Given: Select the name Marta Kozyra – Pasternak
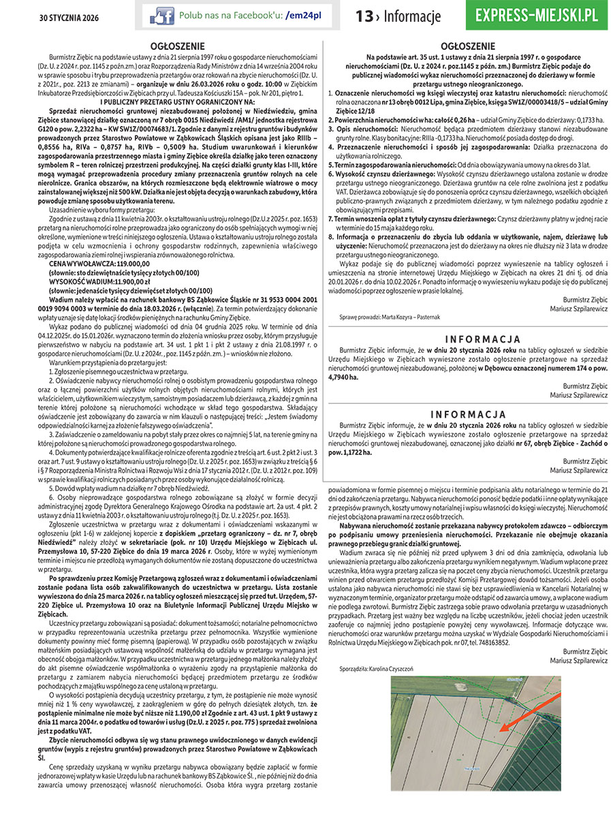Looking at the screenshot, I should click(x=407, y=317).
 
